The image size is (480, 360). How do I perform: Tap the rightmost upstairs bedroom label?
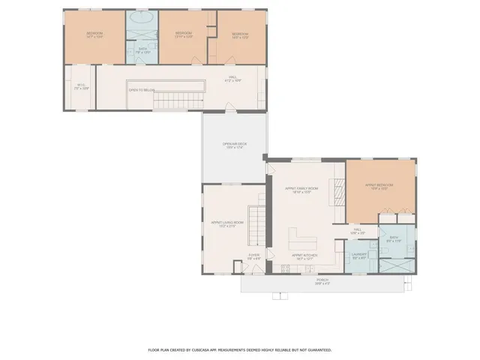tap(239, 34)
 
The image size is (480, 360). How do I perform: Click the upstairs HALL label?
tap(234, 78)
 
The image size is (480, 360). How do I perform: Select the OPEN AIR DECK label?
tap(234, 145)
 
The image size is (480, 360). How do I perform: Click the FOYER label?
tap(253, 256)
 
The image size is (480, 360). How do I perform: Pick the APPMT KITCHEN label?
tap(304, 256)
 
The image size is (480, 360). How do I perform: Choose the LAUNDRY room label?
tap(358, 256)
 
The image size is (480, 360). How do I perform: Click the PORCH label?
tap(322, 283)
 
